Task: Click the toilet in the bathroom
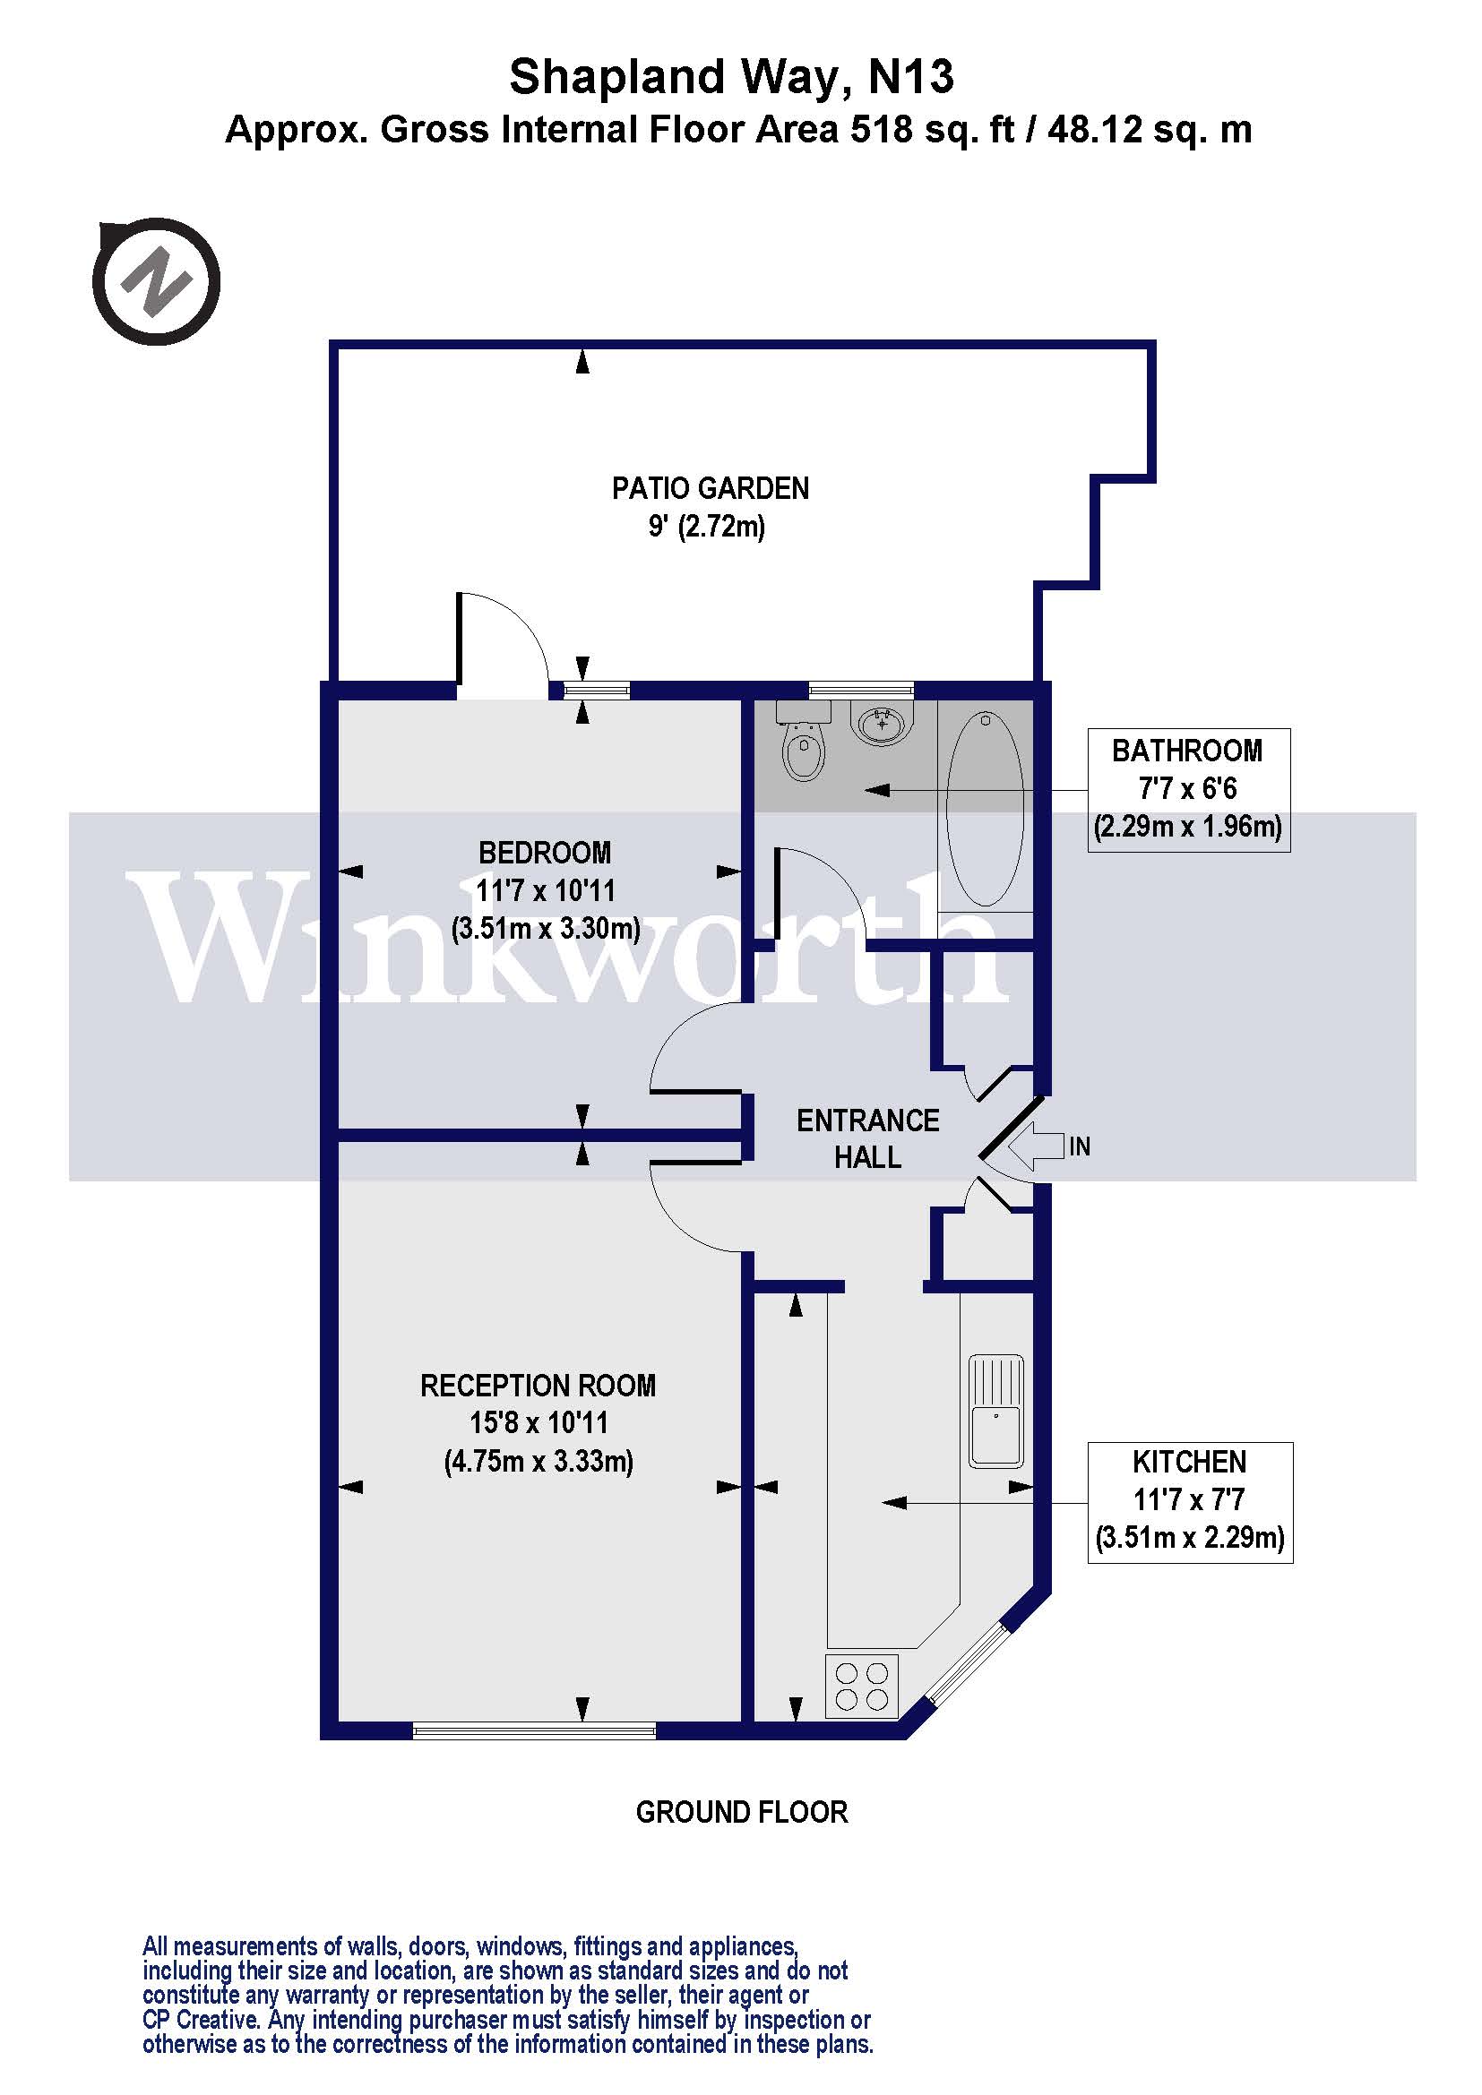click(803, 743)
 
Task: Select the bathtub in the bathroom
click(985, 809)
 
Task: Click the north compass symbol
click(157, 281)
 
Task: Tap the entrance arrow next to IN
click(1037, 1146)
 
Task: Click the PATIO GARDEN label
click(710, 489)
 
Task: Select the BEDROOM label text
click(545, 854)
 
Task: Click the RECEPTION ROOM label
click(538, 1386)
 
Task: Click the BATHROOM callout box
click(1188, 789)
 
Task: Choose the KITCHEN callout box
click(1189, 1502)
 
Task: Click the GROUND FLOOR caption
click(741, 1812)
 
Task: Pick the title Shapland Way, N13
click(731, 77)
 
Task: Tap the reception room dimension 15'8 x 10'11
click(539, 1423)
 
